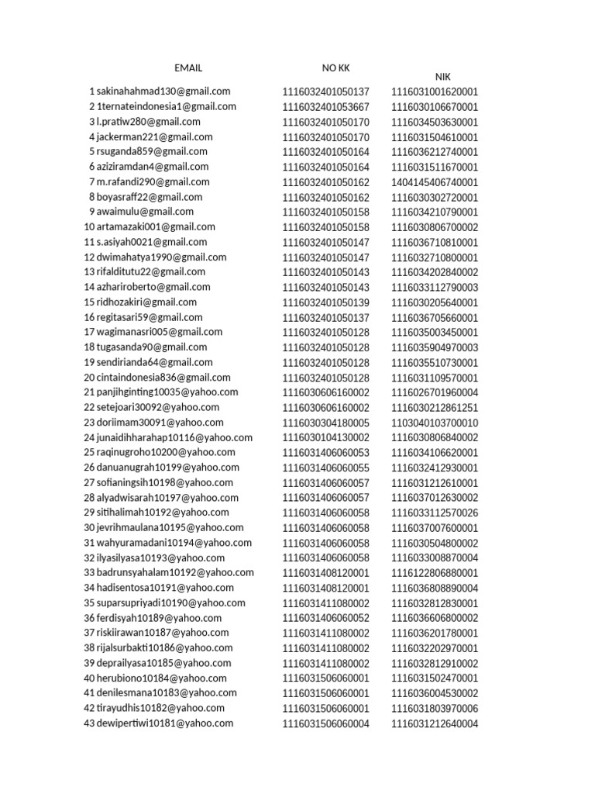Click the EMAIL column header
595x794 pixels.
click(188, 68)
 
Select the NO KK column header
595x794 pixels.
click(336, 68)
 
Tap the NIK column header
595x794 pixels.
click(442, 77)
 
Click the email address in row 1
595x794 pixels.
click(163, 91)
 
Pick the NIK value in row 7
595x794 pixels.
click(435, 182)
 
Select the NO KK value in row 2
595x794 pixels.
click(325, 107)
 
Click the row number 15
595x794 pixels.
click(89, 302)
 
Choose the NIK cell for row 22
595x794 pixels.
click(435, 408)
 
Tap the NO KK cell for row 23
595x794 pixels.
click(325, 423)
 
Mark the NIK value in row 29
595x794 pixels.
click(435, 513)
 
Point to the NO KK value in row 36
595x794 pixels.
click(325, 618)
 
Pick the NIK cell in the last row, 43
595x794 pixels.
click(435, 724)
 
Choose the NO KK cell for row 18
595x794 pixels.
click(325, 347)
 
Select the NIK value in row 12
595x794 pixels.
click(435, 257)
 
